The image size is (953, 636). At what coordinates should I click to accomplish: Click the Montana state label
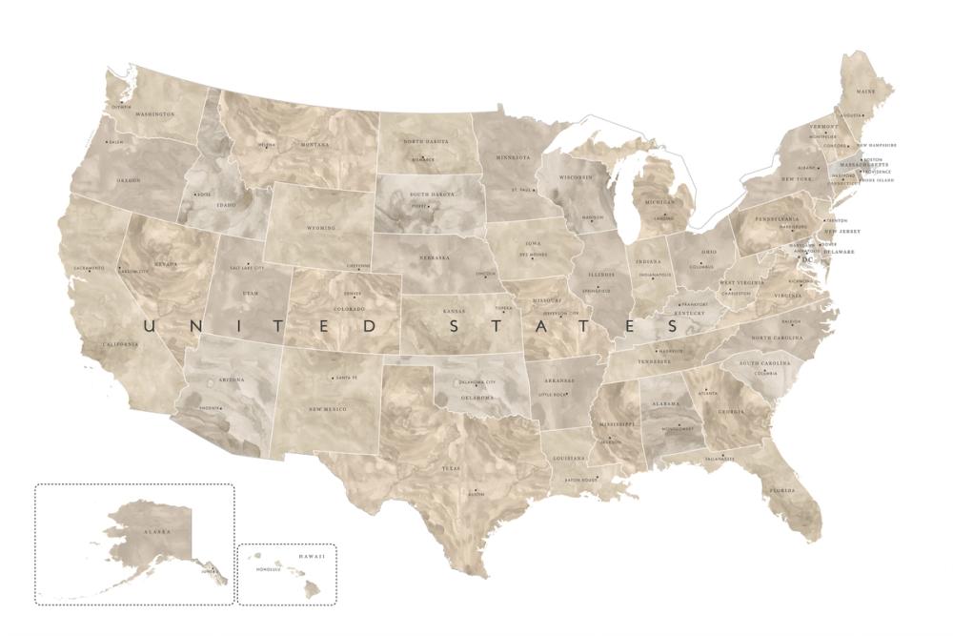pos(314,145)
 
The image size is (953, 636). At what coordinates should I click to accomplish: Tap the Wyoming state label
pos(321,229)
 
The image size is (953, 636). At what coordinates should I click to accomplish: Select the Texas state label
pos(451,468)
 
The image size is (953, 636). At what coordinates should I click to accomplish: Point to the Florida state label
pos(782,491)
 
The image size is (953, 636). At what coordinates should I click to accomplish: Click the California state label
pos(122,343)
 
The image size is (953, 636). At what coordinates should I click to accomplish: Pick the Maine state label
pos(865,92)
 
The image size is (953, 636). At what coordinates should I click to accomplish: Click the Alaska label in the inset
pos(156,531)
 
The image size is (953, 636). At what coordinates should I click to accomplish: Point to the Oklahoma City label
pos(477,381)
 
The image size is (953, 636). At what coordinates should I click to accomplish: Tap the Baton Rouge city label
pos(579,480)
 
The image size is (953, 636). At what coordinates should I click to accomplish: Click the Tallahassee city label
pos(720,460)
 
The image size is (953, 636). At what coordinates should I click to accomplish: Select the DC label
pos(808,259)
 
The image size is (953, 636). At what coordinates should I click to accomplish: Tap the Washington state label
pos(154,113)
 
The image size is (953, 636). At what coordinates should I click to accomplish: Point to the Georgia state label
pos(731,412)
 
